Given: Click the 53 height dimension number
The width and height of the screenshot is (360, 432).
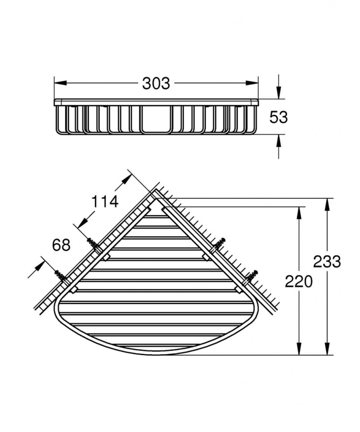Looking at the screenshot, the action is click(x=279, y=117).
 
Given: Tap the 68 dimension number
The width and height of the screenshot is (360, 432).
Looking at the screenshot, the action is click(x=61, y=245).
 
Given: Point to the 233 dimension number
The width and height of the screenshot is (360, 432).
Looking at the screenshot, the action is click(x=327, y=262).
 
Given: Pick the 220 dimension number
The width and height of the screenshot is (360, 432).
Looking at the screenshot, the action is click(x=299, y=281).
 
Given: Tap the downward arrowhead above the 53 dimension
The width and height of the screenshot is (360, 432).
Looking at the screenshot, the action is click(x=279, y=92).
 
